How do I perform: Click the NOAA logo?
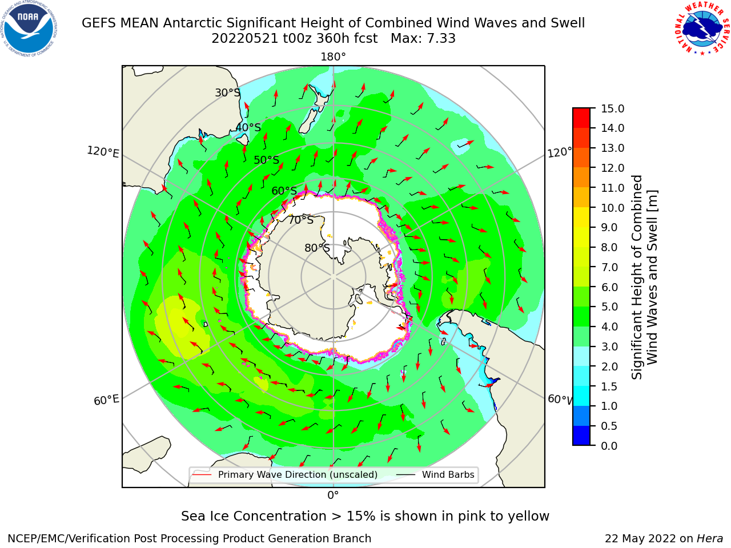pos(29,29)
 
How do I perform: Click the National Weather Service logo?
pos(702,29)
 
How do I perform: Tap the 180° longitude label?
pos(333,57)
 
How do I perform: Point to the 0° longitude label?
pos(333,495)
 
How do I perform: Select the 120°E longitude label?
pos(103,152)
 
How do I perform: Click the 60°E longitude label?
pos(106,400)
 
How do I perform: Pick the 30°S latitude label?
pos(227,92)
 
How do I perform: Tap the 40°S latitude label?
pos(248,127)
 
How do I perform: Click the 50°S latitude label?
pos(267,160)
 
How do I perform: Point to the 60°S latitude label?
pos(284,191)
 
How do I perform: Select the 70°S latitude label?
pos(301,220)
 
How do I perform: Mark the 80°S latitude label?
pos(317,248)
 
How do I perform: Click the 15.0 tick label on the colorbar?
pos(612,108)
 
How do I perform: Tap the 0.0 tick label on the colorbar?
pos(609,446)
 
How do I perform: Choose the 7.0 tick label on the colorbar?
pos(609,267)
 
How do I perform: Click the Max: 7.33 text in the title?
pos(423,38)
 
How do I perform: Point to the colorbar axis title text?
pos(644,277)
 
